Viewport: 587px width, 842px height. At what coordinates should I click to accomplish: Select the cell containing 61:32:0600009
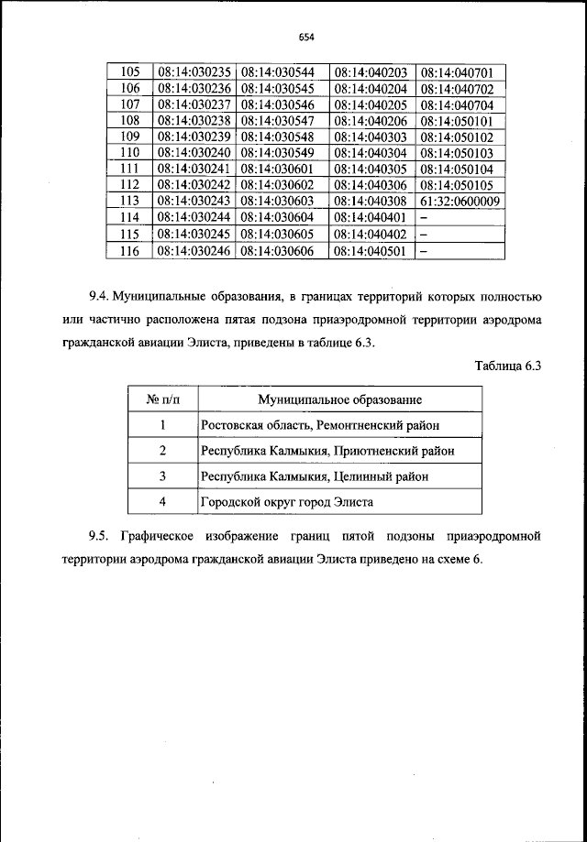coord(460,201)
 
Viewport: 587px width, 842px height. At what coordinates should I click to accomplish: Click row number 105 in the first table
coord(130,71)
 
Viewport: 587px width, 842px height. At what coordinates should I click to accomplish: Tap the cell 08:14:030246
coord(194,250)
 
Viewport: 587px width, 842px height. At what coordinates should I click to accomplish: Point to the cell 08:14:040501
coord(371,250)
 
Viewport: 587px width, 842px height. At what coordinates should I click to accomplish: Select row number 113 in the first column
coord(130,201)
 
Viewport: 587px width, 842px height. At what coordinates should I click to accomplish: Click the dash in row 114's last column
coord(424,218)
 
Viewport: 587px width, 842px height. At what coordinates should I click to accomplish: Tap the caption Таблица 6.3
coord(510,366)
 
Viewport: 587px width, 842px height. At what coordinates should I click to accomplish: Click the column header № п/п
coord(162,400)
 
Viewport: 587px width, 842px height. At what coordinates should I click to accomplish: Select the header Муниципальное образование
coord(339,400)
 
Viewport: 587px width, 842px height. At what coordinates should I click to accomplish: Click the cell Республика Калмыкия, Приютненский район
coord(327,451)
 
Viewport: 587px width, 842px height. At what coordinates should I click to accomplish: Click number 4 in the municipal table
coord(162,502)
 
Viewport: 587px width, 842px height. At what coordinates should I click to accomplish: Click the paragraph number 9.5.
coord(99,534)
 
